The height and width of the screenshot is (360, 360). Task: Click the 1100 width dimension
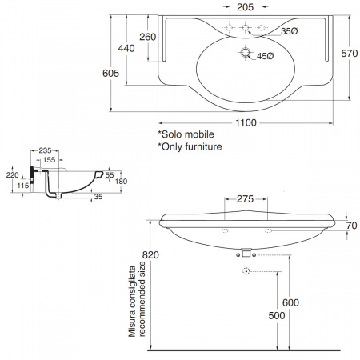point(246,123)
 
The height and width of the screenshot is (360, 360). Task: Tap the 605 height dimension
point(110,73)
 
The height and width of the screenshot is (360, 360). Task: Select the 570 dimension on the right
point(350,54)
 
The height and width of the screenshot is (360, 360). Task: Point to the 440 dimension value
point(126,48)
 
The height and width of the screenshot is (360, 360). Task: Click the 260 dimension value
point(148,37)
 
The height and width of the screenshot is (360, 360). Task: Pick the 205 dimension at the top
point(245,7)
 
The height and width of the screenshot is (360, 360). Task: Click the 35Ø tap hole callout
point(289,31)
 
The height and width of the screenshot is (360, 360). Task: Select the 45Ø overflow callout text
point(266,56)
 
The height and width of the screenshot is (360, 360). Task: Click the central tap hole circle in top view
point(246,27)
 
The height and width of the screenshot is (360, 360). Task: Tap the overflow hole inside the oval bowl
point(245,52)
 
